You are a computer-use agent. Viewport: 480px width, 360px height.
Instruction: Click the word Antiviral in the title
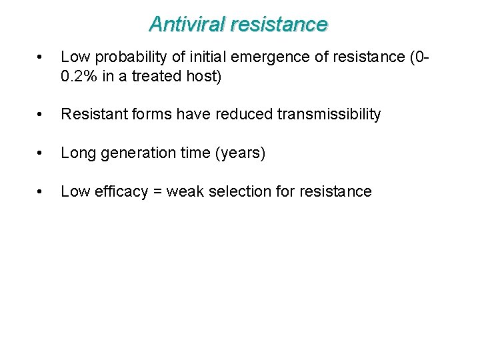tap(187, 25)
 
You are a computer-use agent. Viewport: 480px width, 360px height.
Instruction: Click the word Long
tap(75, 153)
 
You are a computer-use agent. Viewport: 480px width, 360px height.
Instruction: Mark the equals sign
tap(157, 192)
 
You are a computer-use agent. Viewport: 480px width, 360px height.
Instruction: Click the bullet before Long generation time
tap(42, 154)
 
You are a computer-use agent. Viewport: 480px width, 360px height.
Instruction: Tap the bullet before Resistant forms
tap(42, 115)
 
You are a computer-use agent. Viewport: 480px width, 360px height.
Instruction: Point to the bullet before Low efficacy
tap(42, 193)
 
